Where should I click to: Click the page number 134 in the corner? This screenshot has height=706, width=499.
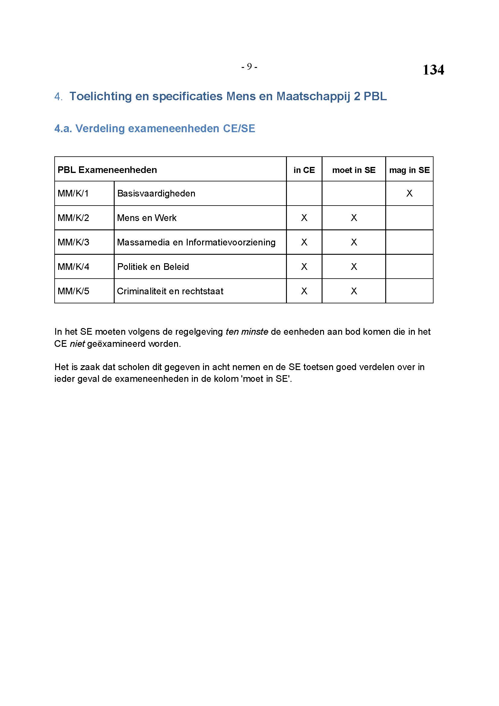click(x=433, y=70)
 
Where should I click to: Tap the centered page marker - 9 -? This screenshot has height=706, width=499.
click(x=249, y=66)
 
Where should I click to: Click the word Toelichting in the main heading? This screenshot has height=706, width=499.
click(x=100, y=96)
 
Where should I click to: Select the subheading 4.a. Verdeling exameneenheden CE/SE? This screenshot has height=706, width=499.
click(x=154, y=129)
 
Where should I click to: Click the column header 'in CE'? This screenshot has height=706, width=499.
click(x=304, y=170)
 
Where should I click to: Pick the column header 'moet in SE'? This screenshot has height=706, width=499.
click(x=354, y=170)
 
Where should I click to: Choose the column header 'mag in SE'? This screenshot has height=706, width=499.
click(x=409, y=170)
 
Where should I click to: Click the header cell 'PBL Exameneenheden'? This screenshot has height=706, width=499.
click(x=107, y=170)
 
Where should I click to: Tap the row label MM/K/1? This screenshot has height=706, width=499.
click(x=73, y=193)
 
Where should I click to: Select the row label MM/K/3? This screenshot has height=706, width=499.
click(x=73, y=242)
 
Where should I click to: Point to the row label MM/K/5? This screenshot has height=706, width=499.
click(x=73, y=291)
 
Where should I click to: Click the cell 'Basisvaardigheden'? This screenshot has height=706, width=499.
click(x=156, y=193)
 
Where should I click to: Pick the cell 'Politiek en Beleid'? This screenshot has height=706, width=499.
click(x=153, y=267)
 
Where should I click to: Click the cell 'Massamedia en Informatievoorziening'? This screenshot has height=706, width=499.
click(x=196, y=242)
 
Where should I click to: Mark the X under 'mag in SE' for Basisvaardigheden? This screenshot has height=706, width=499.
click(x=409, y=193)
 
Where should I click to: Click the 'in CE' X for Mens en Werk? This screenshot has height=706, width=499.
click(x=304, y=218)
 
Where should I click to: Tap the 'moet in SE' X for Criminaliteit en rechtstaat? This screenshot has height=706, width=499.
click(x=354, y=291)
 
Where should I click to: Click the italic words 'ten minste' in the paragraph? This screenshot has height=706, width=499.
click(x=247, y=332)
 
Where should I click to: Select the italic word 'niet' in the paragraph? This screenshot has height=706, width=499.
click(x=77, y=344)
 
